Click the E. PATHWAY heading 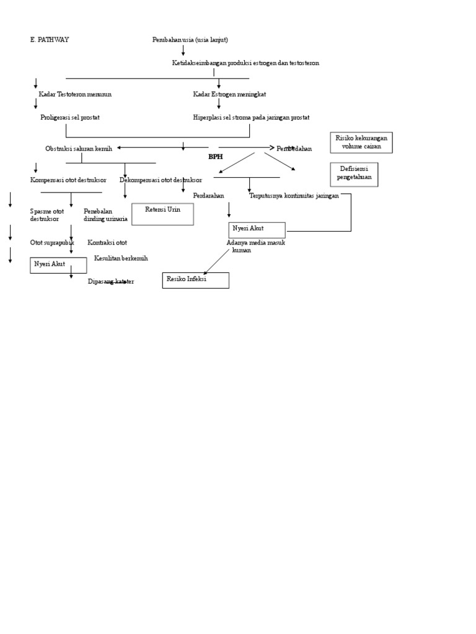point(50,40)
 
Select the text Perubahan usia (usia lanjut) point(190,40)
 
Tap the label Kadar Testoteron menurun point(75,94)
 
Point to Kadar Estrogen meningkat point(229,94)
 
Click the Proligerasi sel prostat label point(70,117)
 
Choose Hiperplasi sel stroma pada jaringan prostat point(251,117)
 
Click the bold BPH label point(215,157)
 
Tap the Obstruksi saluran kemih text point(79,149)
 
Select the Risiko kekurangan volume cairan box point(361,142)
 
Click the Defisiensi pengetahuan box point(354,174)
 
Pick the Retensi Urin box point(162,214)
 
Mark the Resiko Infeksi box point(195,280)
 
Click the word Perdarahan point(208,196)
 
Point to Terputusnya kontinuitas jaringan point(294,196)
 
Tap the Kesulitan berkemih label point(121,258)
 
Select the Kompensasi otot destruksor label point(68,180)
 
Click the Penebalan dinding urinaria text point(105,215)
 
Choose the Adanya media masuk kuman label point(255,246)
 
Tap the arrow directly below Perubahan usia point(183,50)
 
